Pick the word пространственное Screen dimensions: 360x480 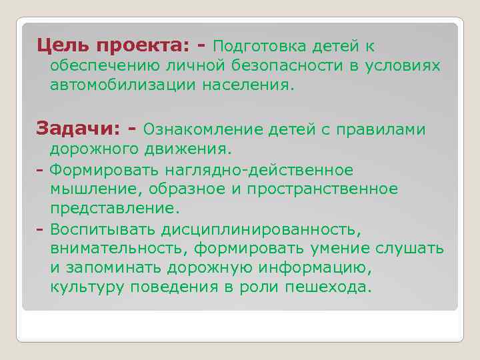point(322,189)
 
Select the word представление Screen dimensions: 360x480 point(115,209)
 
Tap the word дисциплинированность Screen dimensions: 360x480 point(261,229)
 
